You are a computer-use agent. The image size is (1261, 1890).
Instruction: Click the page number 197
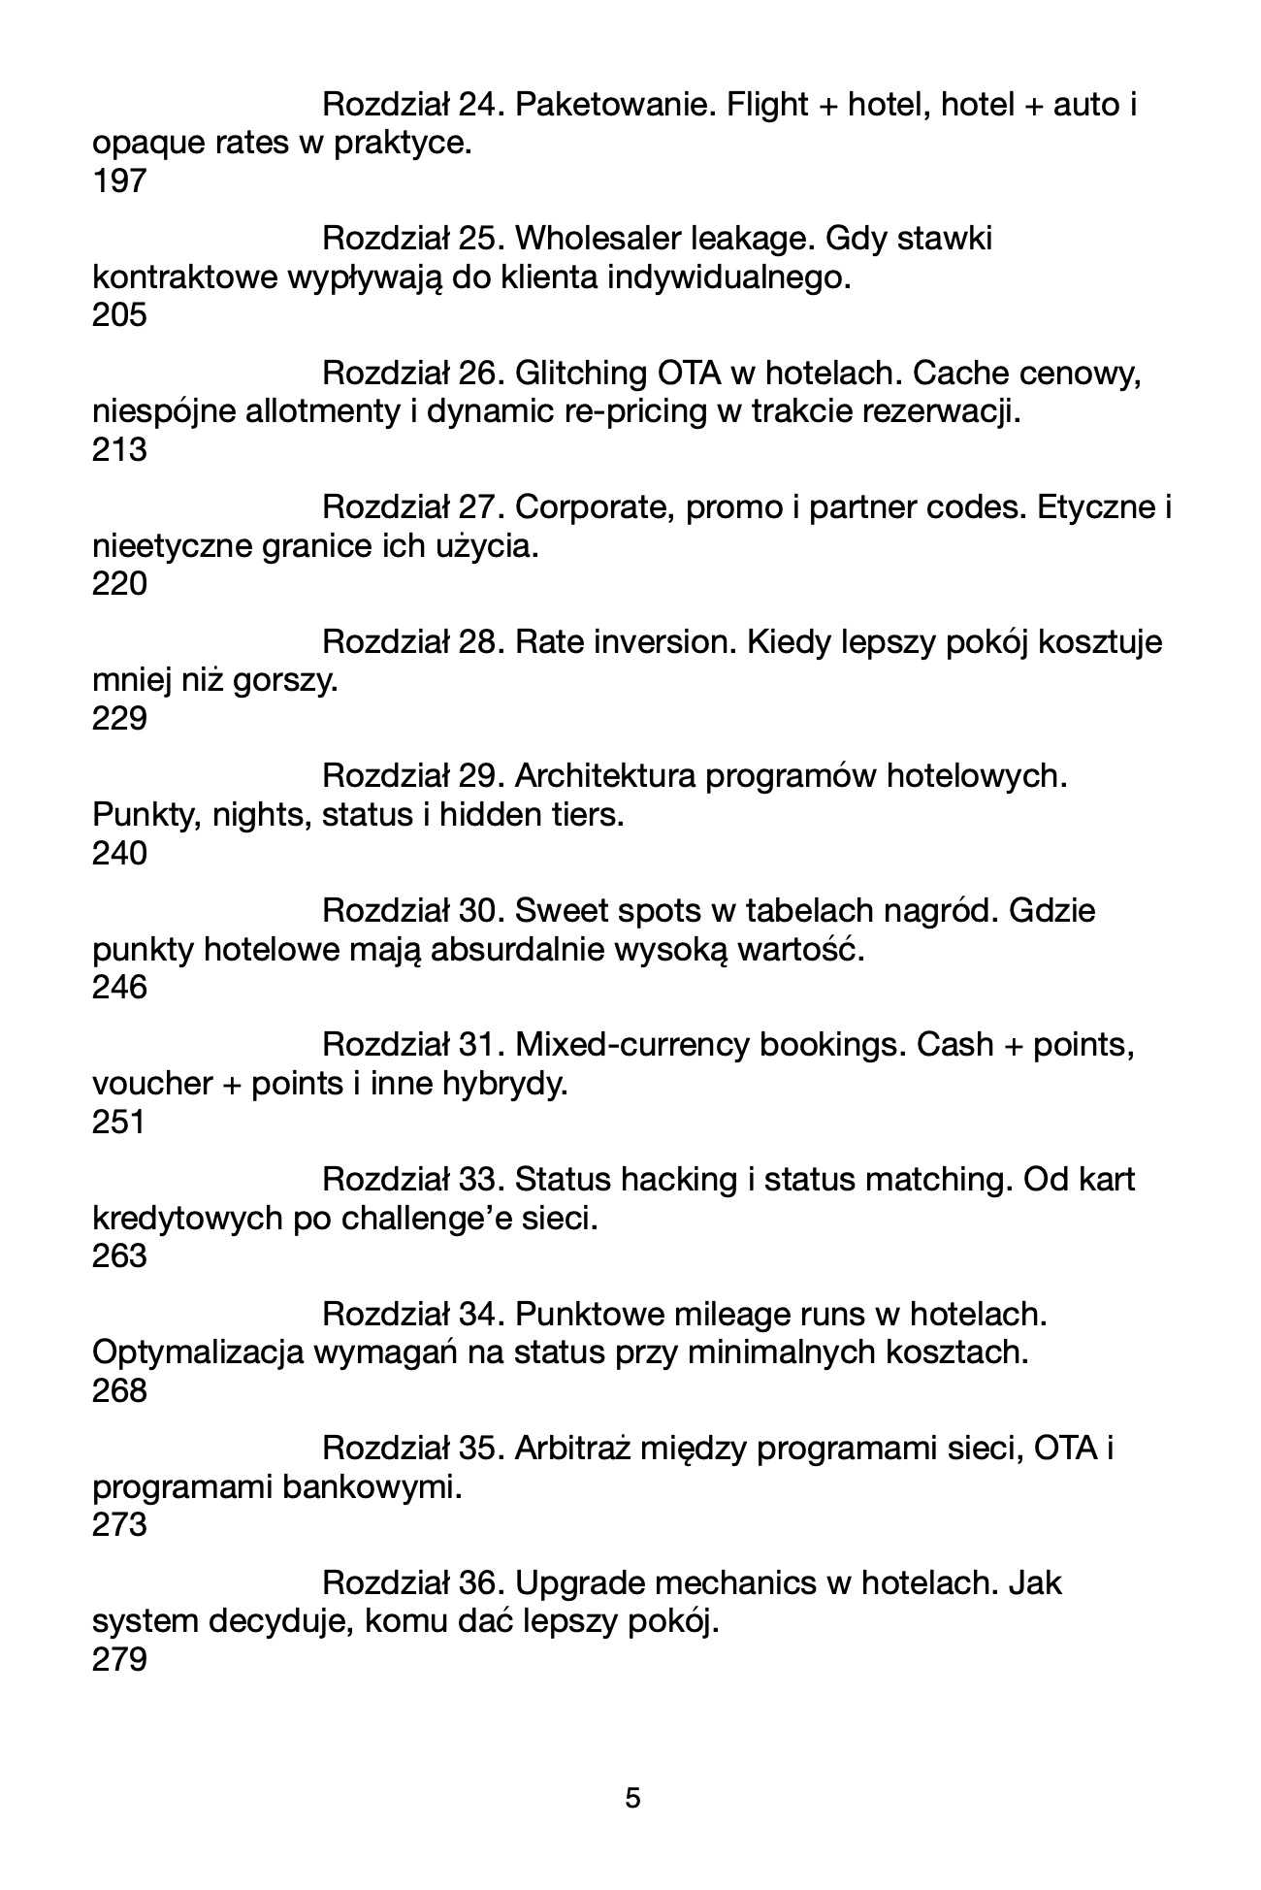(x=119, y=181)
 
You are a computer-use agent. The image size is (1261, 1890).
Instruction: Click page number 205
(x=119, y=316)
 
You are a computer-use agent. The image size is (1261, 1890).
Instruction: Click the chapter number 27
(x=477, y=507)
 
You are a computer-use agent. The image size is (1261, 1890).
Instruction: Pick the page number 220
(x=119, y=585)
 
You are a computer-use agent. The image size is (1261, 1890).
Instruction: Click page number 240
(x=119, y=854)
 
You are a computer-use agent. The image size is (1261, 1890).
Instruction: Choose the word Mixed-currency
(x=632, y=1045)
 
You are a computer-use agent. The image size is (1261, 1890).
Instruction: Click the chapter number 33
(x=477, y=1181)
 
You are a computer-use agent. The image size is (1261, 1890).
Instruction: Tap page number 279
(x=119, y=1661)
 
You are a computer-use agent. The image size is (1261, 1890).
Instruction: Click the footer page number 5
(x=632, y=1799)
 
